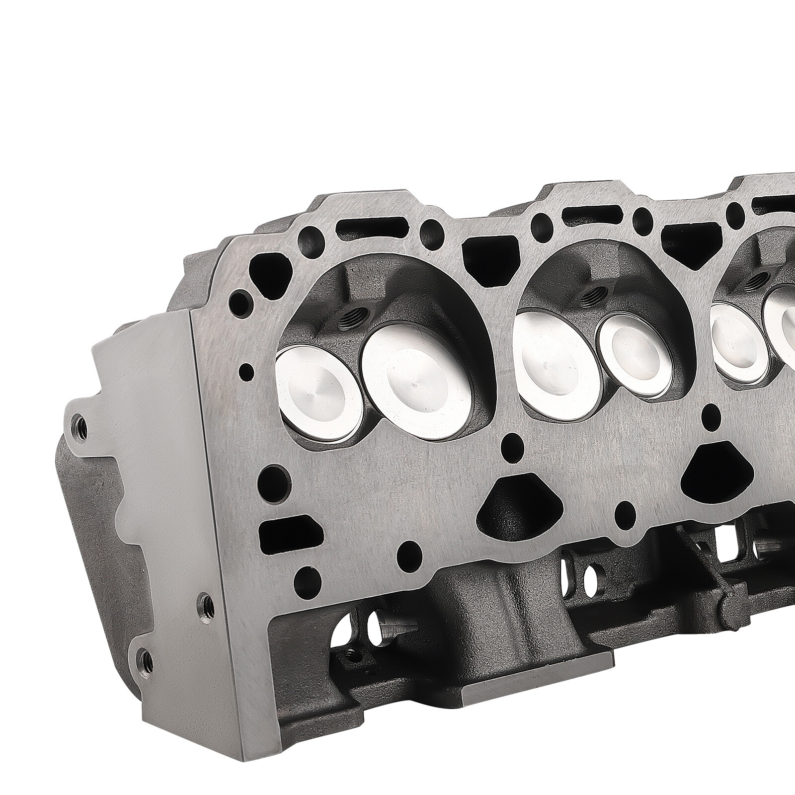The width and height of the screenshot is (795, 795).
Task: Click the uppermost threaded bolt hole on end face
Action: click(79, 425)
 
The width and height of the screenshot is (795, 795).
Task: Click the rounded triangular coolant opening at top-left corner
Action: click(268, 271)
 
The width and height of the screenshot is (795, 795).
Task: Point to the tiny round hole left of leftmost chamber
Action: click(245, 370)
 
